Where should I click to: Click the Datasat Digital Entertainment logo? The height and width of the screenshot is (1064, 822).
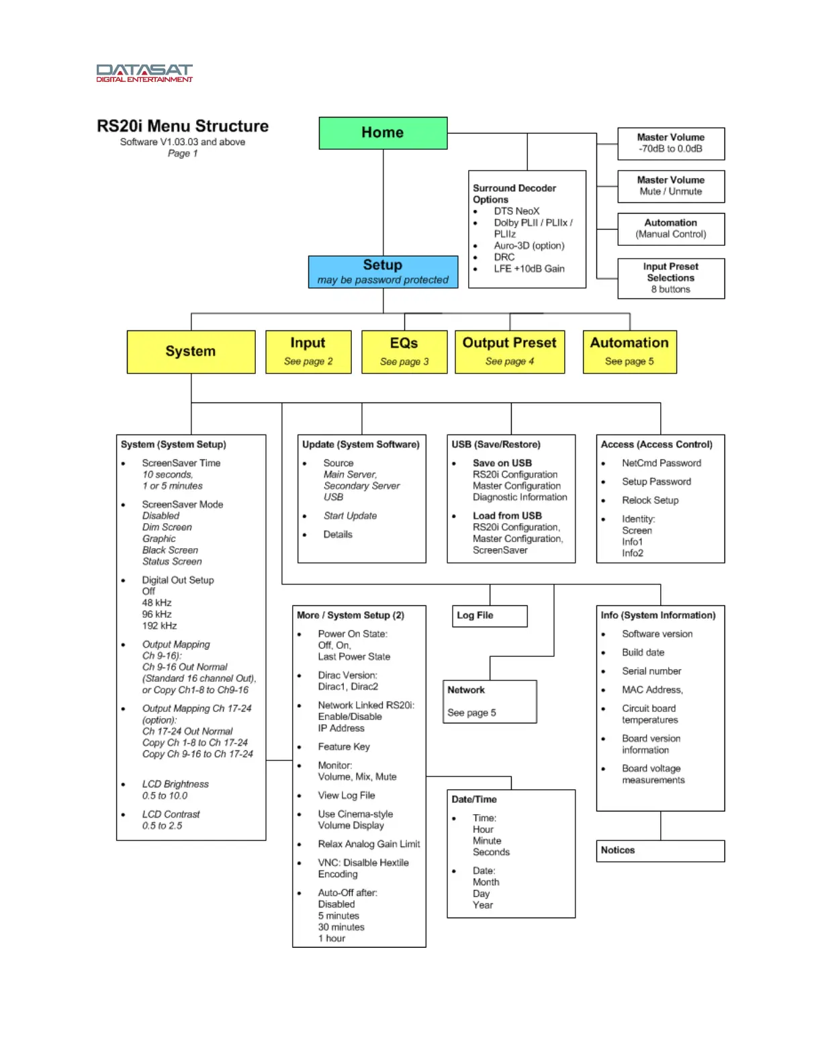(144, 73)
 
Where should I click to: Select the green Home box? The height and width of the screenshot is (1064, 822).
(383, 133)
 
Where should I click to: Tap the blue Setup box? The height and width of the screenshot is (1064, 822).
(383, 272)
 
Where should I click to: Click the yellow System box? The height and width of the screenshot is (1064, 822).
(191, 351)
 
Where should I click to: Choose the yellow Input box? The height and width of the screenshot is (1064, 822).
(308, 351)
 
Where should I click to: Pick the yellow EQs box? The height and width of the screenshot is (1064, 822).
(404, 351)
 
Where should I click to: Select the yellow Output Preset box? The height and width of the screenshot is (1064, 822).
(510, 351)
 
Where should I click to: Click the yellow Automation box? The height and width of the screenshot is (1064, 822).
(629, 351)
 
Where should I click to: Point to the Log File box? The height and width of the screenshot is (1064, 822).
(490, 616)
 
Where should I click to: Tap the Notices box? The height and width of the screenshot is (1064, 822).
(660, 850)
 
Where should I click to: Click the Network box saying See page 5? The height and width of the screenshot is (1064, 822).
(490, 701)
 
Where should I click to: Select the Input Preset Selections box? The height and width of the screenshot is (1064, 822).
(671, 278)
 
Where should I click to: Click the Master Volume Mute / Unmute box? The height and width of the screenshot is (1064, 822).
(671, 186)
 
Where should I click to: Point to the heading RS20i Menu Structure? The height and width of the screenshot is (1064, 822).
(183, 126)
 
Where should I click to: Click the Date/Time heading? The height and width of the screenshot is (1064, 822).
(474, 799)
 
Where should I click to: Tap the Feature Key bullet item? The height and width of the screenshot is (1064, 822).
(344, 747)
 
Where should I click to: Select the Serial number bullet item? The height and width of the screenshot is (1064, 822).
(651, 671)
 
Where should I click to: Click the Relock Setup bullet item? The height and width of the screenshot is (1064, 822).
(650, 500)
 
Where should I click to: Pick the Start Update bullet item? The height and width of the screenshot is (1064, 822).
(350, 516)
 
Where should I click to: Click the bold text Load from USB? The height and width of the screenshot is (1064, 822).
(507, 516)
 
